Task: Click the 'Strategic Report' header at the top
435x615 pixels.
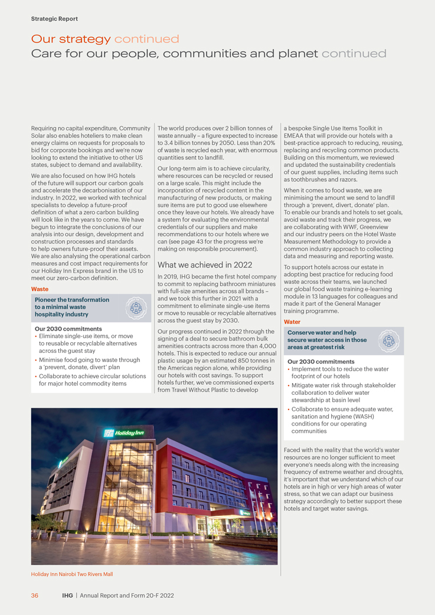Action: point(54,19)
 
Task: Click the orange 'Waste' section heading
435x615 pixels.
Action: point(40,289)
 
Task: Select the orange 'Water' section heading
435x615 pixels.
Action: point(292,322)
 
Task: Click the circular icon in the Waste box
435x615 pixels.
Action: point(136,308)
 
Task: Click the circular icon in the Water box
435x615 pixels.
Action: point(389,341)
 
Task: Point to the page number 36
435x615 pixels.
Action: point(35,596)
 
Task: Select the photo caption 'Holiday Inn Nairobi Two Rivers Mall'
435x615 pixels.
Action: point(71,574)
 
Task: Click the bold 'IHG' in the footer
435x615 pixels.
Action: point(67,596)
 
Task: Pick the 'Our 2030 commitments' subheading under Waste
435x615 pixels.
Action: point(68,329)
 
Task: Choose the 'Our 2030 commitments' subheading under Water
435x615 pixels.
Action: point(320,362)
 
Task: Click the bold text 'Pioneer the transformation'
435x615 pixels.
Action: point(72,300)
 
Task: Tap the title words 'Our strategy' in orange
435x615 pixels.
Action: point(71,40)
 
